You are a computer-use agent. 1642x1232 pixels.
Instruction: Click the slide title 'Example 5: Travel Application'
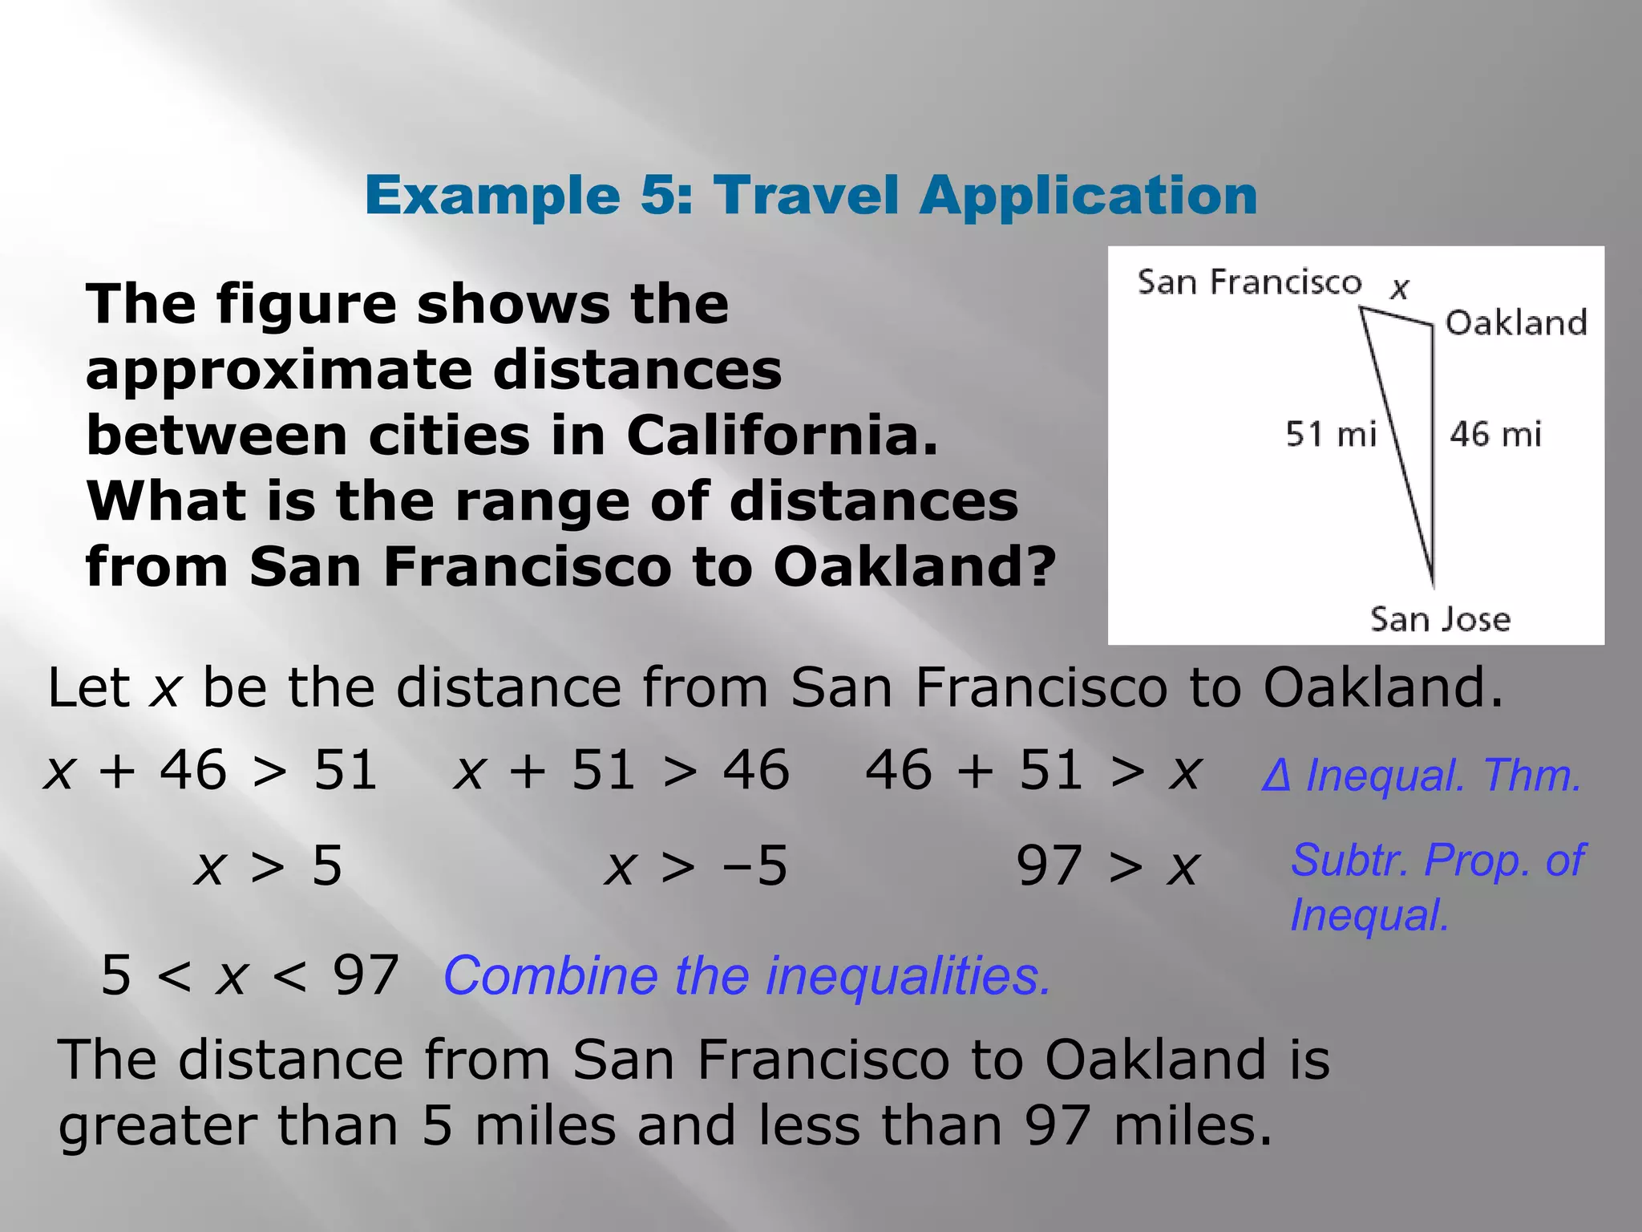point(811,196)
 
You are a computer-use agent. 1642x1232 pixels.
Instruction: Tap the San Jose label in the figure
point(1440,619)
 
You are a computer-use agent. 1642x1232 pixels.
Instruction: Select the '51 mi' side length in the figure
point(1331,434)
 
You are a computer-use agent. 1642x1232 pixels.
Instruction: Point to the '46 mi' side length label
point(1495,434)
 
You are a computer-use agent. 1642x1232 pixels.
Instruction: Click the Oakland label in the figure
point(1516,322)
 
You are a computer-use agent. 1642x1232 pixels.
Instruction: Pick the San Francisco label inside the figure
point(1249,282)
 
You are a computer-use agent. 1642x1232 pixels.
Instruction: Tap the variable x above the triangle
point(1400,287)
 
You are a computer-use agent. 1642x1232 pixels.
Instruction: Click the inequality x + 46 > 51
point(210,771)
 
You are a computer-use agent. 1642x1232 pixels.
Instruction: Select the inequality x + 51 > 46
point(621,771)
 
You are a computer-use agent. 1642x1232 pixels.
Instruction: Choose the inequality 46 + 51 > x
point(1033,771)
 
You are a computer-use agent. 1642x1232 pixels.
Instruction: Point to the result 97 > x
point(1107,866)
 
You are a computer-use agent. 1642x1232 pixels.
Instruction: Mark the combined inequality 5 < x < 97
point(249,976)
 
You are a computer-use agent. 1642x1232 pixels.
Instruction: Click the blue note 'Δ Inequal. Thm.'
point(1421,776)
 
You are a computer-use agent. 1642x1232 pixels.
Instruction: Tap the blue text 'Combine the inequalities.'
point(746,976)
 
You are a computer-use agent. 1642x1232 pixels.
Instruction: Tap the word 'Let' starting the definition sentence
point(88,687)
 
